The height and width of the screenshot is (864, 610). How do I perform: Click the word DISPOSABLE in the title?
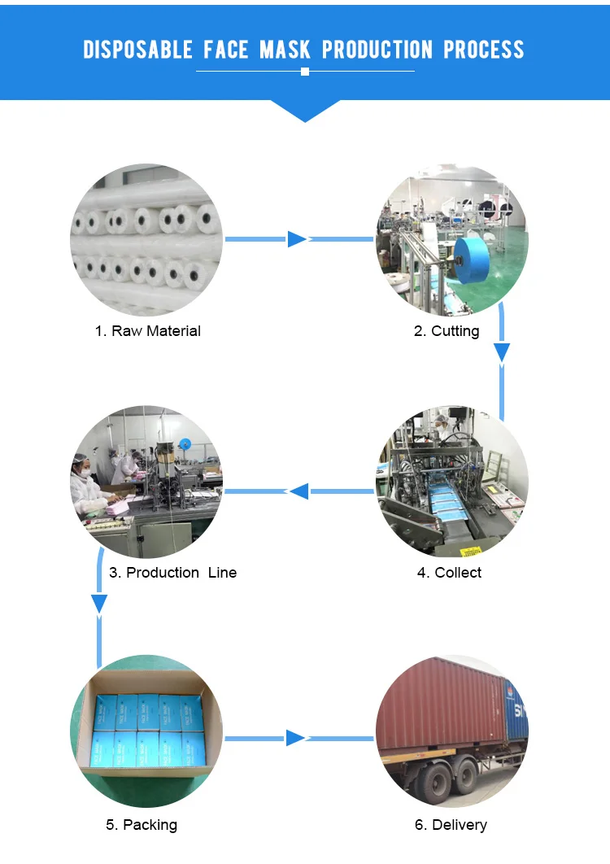point(137,50)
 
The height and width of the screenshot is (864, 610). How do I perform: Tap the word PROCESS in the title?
point(484,50)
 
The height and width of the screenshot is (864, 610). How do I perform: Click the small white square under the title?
point(305,72)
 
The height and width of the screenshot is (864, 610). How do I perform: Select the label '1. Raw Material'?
point(148,330)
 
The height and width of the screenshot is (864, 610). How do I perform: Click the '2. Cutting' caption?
point(447,330)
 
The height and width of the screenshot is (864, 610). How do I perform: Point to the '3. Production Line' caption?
point(172,573)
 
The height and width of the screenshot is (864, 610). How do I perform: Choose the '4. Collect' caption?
point(449,573)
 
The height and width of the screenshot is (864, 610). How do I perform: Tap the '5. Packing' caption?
point(142,825)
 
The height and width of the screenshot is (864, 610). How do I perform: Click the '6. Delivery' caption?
point(451,825)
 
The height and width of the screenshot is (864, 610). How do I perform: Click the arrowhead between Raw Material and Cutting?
point(296,239)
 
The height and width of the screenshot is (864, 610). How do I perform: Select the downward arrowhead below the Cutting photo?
point(502,352)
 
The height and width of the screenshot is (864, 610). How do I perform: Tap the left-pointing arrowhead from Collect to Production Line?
point(300,491)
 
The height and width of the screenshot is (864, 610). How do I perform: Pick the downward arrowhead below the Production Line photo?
point(99,604)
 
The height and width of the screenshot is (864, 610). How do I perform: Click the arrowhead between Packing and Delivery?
point(295,738)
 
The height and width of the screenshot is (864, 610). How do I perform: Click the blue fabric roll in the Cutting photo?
point(473,260)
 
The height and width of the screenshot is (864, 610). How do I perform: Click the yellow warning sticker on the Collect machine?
point(470,551)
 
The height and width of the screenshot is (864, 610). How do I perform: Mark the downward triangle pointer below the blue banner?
point(305,110)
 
